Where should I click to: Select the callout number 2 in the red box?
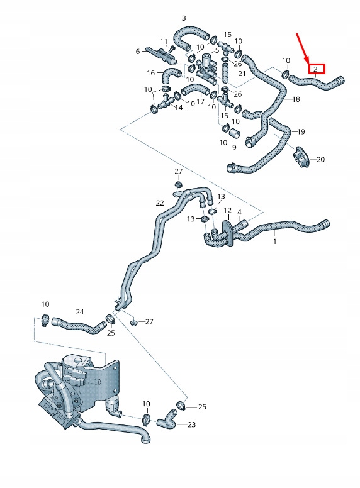click(315, 69)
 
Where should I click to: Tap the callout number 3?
click(183, 18)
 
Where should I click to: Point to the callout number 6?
click(137, 52)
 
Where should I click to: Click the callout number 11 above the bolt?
click(164, 42)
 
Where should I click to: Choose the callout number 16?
click(151, 73)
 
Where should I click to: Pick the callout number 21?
click(242, 74)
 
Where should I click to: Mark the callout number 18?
click(296, 99)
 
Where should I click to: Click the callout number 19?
click(301, 132)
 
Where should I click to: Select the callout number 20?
click(320, 160)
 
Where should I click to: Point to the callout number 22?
click(160, 203)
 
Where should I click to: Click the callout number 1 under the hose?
click(274, 241)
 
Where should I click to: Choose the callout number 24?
click(79, 312)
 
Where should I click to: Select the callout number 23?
click(191, 425)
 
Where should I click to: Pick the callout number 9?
click(234, 148)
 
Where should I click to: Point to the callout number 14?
click(179, 108)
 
